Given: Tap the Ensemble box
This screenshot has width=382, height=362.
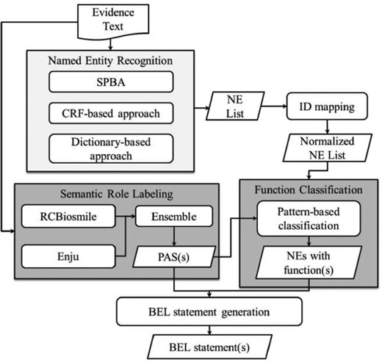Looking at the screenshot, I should click(173, 217).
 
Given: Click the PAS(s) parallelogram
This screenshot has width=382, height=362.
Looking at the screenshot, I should click(173, 257).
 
